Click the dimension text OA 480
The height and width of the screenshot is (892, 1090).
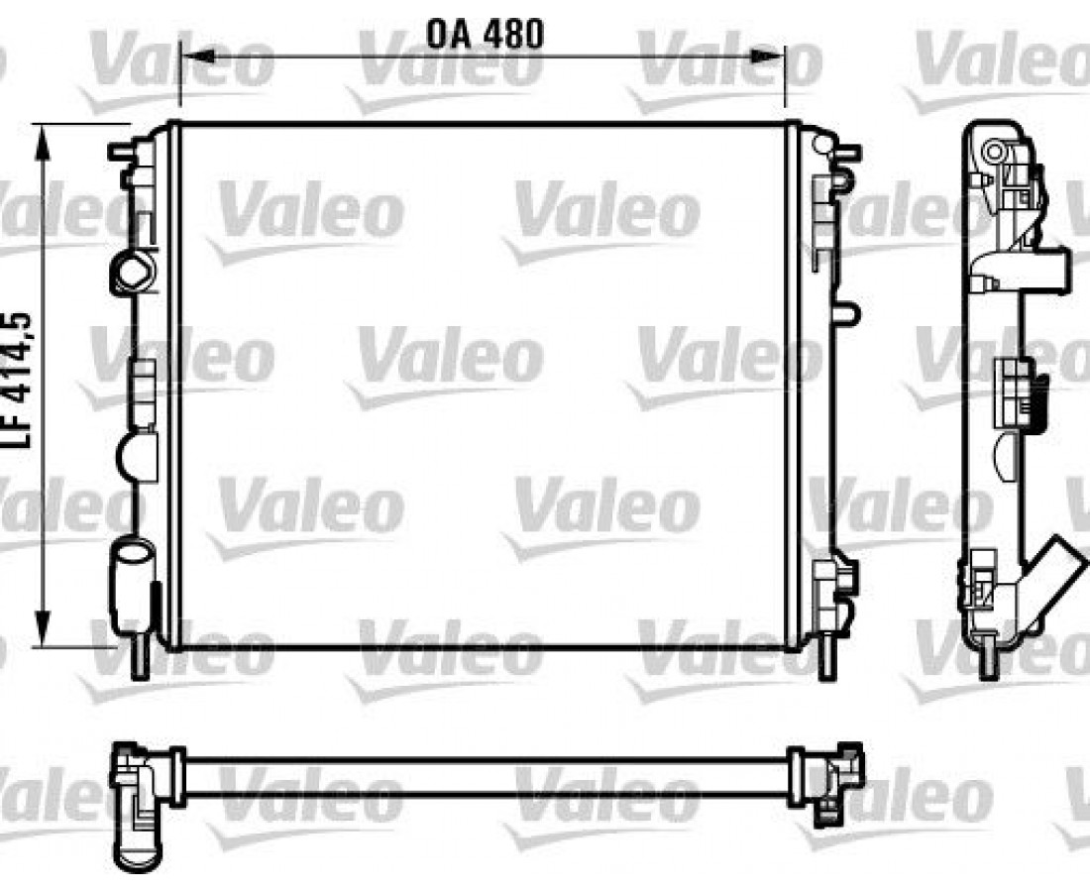point(485,34)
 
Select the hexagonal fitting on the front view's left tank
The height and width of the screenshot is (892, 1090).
point(133,272)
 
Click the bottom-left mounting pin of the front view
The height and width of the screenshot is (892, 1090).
point(140,656)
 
